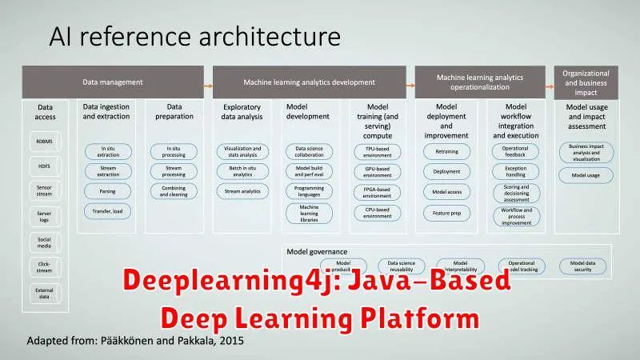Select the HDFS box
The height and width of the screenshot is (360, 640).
[44, 167]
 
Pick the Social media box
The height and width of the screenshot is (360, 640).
[44, 242]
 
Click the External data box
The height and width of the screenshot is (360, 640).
[44, 293]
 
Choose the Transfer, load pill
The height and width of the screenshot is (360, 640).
[108, 211]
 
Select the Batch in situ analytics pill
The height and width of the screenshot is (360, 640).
[241, 170]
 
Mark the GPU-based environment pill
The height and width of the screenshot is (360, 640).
[378, 170]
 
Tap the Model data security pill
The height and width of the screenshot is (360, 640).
[582, 266]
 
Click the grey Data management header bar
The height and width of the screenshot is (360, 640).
[113, 82]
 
